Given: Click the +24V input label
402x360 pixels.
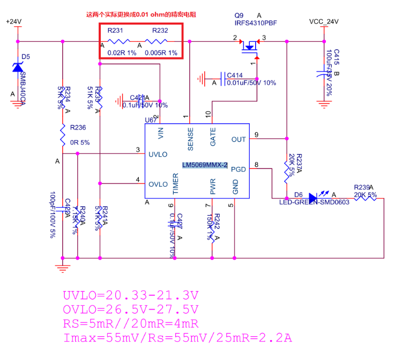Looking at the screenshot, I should click(x=13, y=21).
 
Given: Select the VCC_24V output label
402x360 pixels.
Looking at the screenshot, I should click(x=324, y=21).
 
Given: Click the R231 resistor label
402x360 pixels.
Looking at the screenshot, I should click(x=115, y=31).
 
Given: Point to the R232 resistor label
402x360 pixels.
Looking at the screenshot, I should click(x=160, y=31).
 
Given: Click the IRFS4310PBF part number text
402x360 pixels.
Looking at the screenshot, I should click(x=256, y=23).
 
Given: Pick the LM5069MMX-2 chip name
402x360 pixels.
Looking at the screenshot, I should click(x=205, y=165).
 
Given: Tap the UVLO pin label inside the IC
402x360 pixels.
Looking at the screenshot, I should click(x=158, y=154).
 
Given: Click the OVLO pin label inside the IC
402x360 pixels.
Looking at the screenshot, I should click(x=158, y=183).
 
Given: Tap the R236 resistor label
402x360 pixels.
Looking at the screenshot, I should click(x=78, y=128).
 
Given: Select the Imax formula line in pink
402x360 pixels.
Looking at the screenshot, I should click(x=177, y=339).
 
